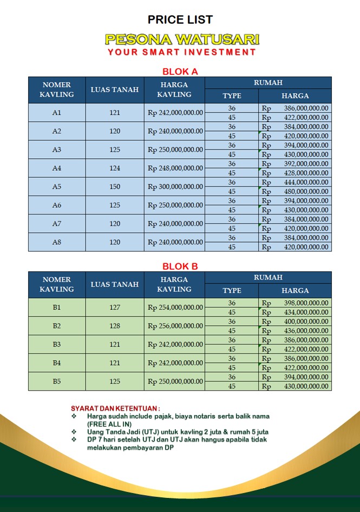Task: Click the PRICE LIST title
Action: (x=180, y=20)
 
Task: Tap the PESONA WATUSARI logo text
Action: (x=182, y=40)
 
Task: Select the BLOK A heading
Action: (x=180, y=71)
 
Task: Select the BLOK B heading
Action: (x=180, y=266)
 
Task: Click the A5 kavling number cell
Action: (x=57, y=186)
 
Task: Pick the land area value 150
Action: (x=115, y=186)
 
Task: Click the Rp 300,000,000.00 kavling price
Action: (x=175, y=186)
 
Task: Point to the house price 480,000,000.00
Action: (x=306, y=191)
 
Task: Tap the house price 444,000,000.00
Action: (x=306, y=182)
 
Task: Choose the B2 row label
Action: (x=57, y=326)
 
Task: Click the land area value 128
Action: (x=115, y=326)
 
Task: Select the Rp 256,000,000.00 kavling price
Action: (x=175, y=326)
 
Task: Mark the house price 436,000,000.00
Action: (x=306, y=330)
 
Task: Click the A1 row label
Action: (x=57, y=113)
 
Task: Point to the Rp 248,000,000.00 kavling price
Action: (x=175, y=168)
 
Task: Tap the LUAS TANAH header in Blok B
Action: (x=115, y=284)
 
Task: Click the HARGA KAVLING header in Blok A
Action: (x=174, y=89)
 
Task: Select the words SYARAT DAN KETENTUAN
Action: (x=115, y=407)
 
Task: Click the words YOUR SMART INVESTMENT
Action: (x=182, y=53)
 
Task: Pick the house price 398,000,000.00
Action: (x=306, y=303)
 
